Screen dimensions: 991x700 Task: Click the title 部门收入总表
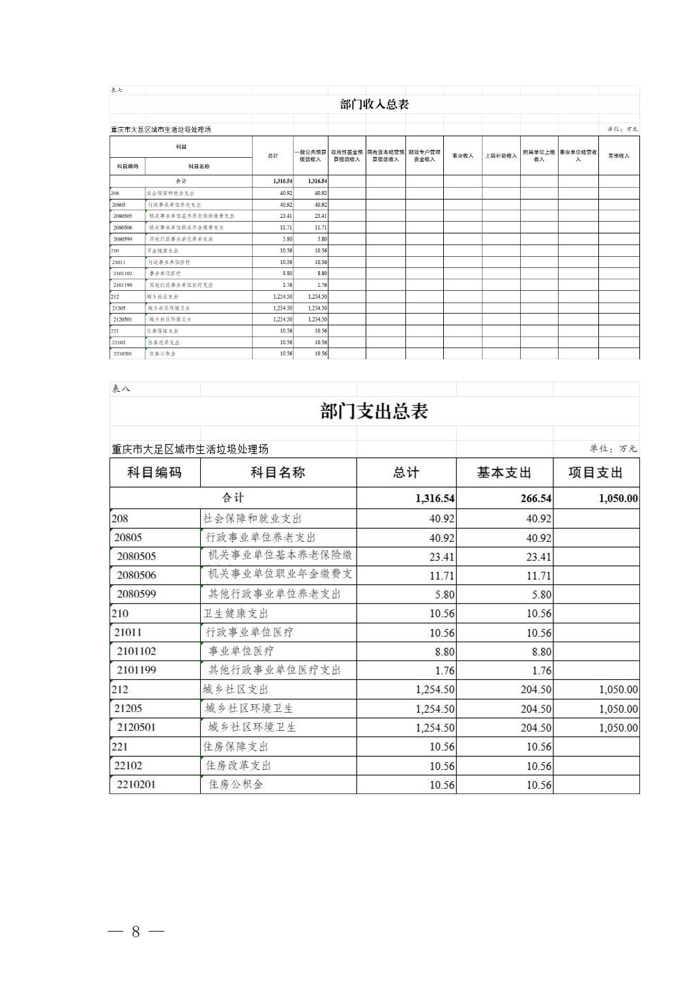coord(374,104)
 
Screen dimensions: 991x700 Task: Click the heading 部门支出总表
coord(374,411)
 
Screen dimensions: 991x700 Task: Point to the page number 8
coord(136,932)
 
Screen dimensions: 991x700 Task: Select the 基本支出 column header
coord(504,473)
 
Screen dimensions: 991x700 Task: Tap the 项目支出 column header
coord(596,473)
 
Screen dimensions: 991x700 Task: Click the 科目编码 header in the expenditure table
coord(154,473)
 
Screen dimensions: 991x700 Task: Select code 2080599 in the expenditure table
coord(137,594)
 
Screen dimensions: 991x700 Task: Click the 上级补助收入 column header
coord(501,156)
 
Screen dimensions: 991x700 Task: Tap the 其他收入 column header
coord(619,156)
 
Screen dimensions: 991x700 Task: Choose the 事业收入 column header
coord(463,156)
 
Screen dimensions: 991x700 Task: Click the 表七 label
coord(117,90)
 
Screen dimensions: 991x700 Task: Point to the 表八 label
coord(121,389)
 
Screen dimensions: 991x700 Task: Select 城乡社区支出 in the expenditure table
coord(236,689)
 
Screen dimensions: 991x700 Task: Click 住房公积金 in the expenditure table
coord(236,784)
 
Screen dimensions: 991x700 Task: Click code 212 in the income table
coord(115,297)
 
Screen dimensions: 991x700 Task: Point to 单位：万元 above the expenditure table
coord(613,449)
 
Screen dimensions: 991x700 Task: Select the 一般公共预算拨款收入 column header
coord(310,156)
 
